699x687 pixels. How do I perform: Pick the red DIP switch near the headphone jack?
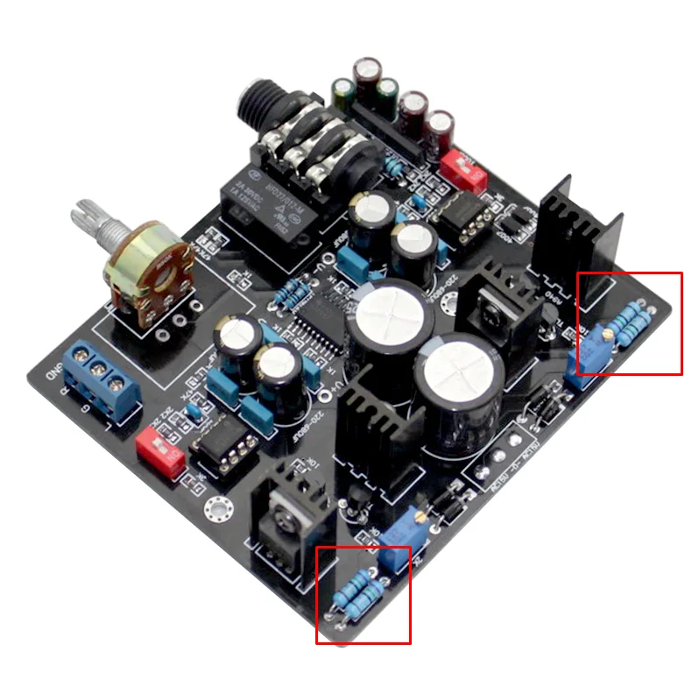click(x=462, y=170)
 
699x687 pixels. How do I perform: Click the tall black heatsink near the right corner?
click(x=579, y=230)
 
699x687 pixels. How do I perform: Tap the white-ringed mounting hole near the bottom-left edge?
click(x=216, y=508)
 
